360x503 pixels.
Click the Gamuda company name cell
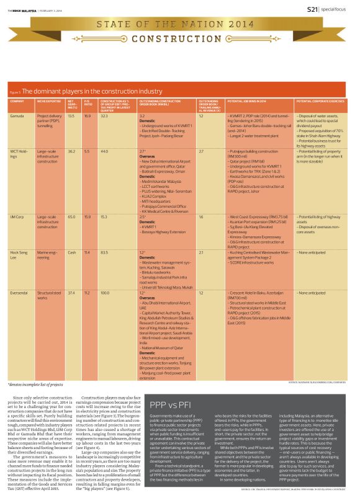(x=17, y=116)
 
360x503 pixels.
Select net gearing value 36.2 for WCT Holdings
(x=71, y=151)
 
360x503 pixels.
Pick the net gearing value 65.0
(x=71, y=217)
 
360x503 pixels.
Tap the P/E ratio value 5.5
(x=87, y=151)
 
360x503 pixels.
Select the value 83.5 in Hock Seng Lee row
(x=104, y=253)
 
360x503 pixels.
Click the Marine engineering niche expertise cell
(x=48, y=256)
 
